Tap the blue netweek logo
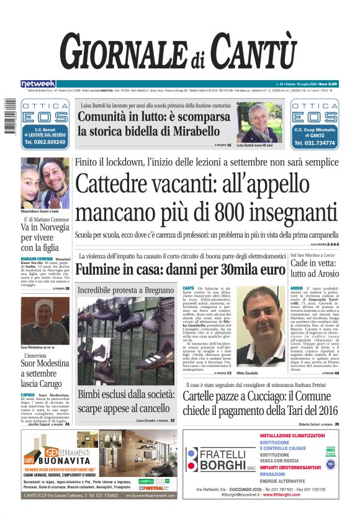(x=38, y=83)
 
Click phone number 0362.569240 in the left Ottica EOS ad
(x=44, y=142)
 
